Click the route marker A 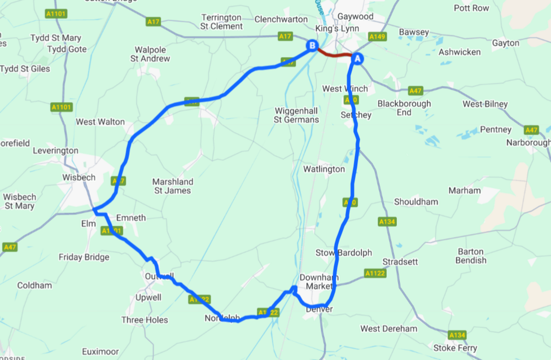(358, 58)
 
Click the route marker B (312, 46)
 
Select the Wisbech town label (78, 177)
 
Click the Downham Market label (318, 282)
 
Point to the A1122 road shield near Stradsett (374, 274)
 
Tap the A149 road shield (377, 37)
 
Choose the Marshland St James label (173, 186)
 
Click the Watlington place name (323, 169)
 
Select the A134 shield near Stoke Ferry (457, 335)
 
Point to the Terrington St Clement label (222, 22)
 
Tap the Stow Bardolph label (343, 253)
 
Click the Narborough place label (528, 142)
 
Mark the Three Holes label (145, 320)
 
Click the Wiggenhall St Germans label (296, 115)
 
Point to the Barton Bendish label (471, 256)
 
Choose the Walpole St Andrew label (150, 54)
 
